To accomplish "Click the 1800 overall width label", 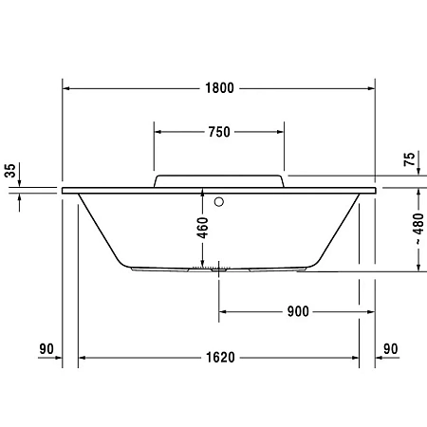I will pos(218,88).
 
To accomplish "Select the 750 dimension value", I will pos(218,132).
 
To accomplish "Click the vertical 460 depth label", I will pos(202,229).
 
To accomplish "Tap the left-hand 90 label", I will pos(46,349).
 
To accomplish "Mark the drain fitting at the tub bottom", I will pos(219,269).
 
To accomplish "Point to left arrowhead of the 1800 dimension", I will pos(67,88).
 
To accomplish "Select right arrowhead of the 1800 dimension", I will pos(371,88).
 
